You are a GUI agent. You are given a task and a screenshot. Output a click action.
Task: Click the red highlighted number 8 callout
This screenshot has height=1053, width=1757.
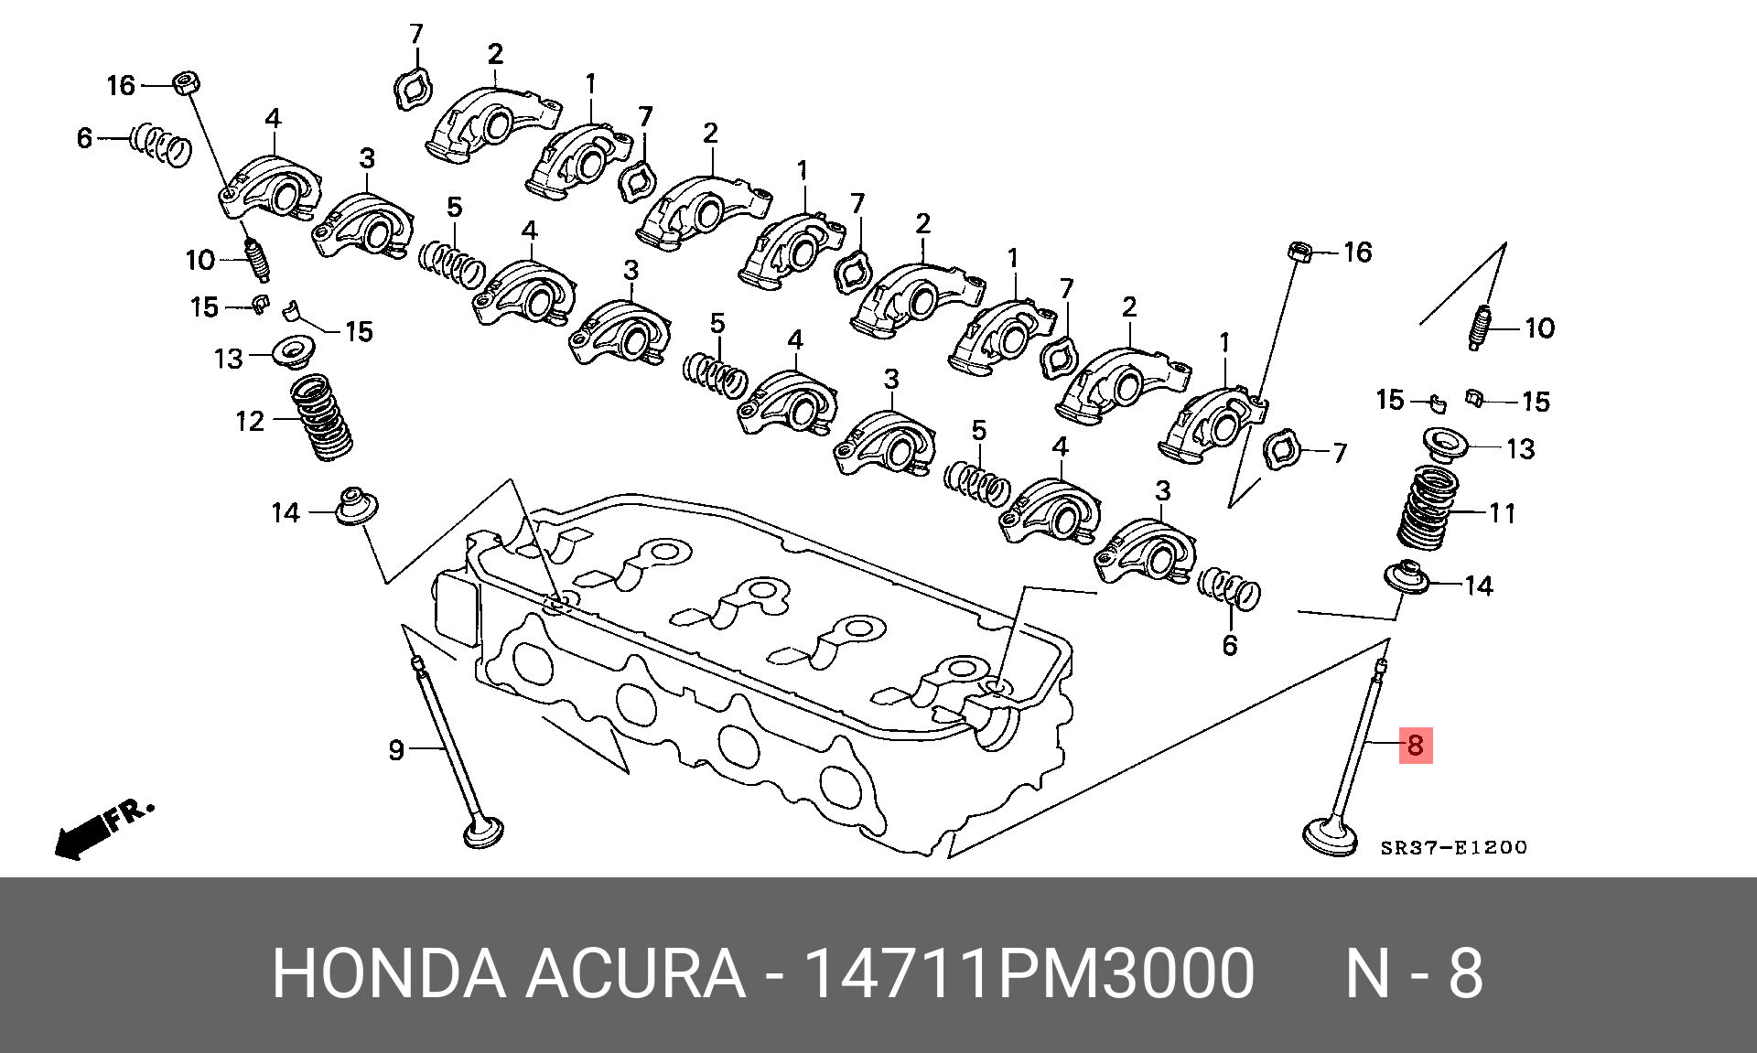tap(1415, 745)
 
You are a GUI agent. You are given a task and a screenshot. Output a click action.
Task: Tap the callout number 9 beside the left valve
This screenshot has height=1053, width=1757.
tap(396, 750)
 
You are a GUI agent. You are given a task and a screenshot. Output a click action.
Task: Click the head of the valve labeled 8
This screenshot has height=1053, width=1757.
tap(1330, 836)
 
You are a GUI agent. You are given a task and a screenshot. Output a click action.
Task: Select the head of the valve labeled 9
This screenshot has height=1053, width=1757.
tap(484, 833)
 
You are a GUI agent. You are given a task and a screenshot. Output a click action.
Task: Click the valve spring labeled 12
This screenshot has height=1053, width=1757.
tap(322, 417)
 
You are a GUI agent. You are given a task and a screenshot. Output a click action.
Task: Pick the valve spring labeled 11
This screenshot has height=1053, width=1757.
tap(1428, 510)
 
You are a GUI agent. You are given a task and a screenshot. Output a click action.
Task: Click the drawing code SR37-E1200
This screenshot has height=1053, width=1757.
tap(1453, 848)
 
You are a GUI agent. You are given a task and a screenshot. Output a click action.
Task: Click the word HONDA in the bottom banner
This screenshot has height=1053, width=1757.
tap(389, 973)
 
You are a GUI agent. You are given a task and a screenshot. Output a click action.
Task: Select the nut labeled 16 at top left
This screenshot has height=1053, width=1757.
tap(187, 82)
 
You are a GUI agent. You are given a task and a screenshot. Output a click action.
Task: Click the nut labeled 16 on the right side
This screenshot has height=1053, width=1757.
tap(1300, 251)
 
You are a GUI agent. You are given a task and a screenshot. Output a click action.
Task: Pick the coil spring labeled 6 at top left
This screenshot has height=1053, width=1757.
tap(162, 145)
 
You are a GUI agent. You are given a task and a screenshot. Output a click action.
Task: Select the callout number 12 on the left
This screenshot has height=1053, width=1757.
tap(249, 421)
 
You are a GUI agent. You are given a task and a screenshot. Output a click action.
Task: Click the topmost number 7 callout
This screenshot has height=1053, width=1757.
tap(416, 34)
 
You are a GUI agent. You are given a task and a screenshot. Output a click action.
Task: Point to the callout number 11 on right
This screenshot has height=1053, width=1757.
tap(1502, 513)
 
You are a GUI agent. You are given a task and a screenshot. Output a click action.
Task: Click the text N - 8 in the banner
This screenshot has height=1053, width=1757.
tap(1414, 973)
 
